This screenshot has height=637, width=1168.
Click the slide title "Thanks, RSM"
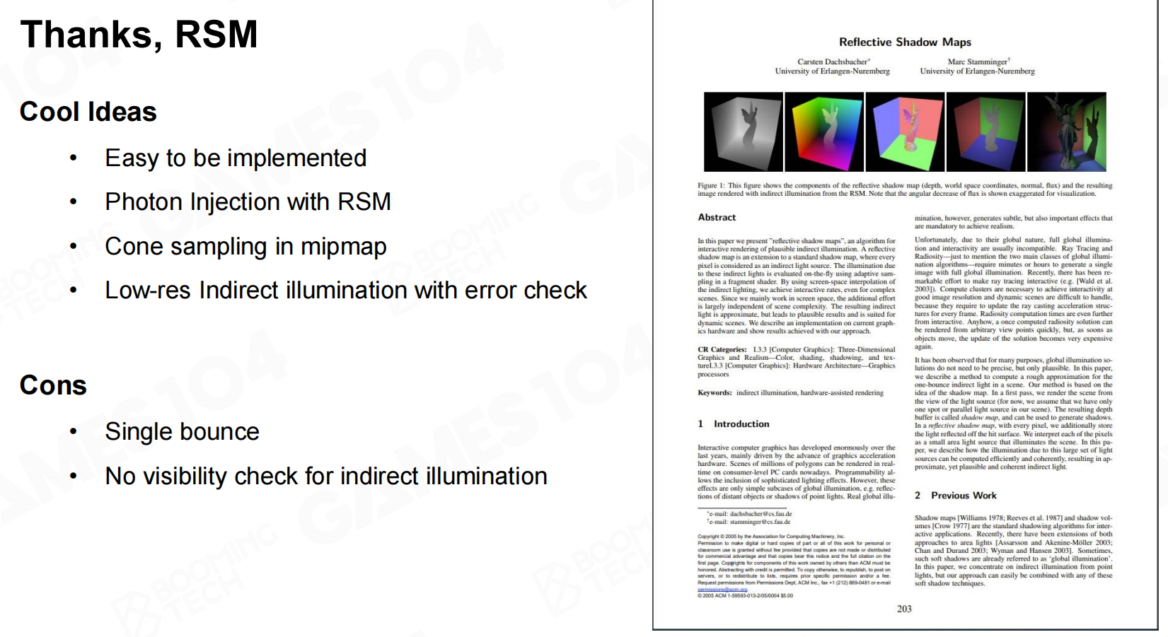point(139,35)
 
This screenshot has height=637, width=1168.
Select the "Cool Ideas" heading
point(88,112)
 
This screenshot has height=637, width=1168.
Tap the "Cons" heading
point(53,385)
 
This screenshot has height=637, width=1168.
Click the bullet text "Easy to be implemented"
point(236,158)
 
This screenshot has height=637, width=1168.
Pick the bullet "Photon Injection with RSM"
point(248,202)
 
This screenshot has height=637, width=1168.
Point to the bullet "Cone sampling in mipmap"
point(245,246)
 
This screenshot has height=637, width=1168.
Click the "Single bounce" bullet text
point(182,431)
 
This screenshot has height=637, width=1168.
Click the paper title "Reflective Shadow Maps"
point(905,42)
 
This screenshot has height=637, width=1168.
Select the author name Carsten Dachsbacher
point(833,62)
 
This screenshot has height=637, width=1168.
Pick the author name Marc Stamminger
point(978,62)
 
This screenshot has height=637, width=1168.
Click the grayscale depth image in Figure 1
point(743,132)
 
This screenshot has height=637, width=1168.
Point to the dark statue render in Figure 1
point(1065,132)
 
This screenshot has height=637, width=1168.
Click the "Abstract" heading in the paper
point(717,218)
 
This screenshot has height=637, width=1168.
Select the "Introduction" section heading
point(741,424)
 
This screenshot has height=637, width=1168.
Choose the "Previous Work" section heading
point(963,496)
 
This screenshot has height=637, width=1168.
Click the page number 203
point(904,609)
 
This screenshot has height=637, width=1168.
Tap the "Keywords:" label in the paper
point(715,393)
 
